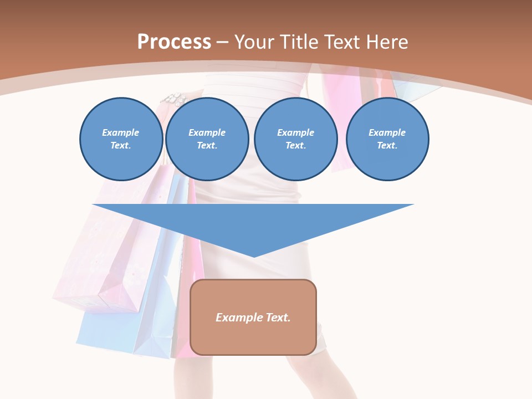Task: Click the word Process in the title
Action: click(174, 42)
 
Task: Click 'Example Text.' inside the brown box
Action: click(253, 318)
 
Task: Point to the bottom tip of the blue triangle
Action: click(254, 255)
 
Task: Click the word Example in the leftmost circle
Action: click(121, 132)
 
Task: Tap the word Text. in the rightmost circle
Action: click(387, 146)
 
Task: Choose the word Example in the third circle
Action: click(295, 132)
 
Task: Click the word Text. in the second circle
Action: click(207, 146)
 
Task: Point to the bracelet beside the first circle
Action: click(174, 100)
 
